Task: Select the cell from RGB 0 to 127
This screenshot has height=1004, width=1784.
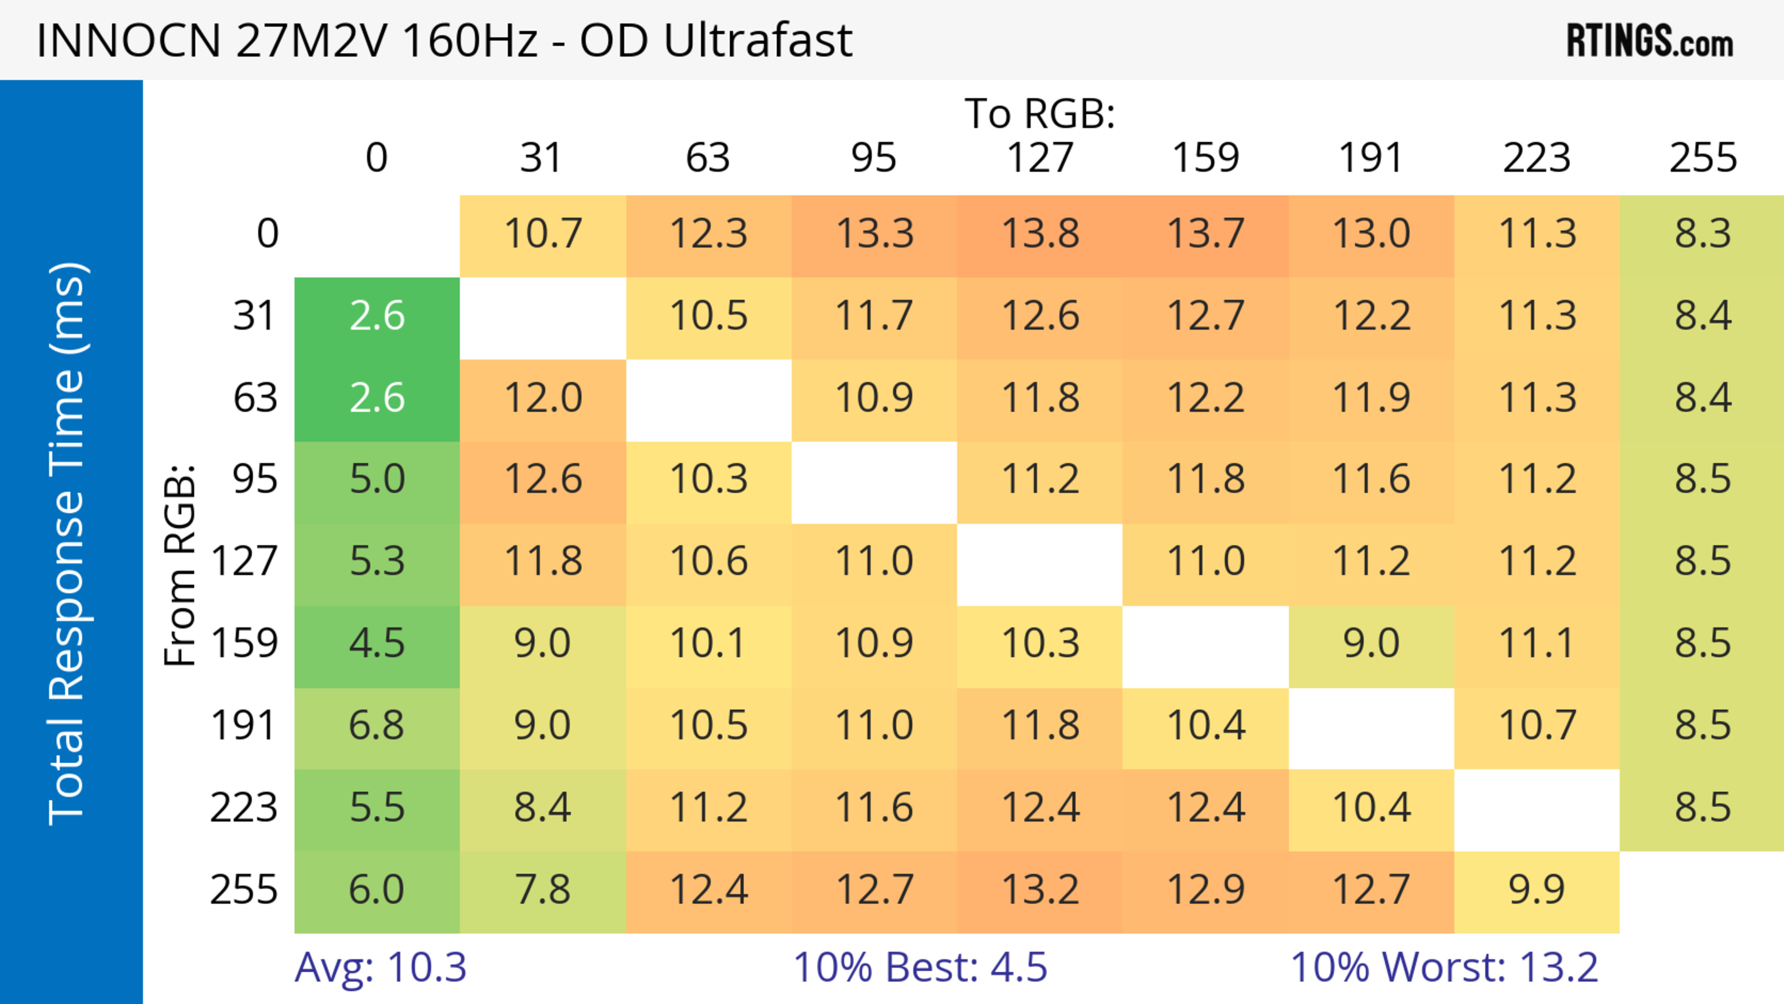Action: (x=1040, y=234)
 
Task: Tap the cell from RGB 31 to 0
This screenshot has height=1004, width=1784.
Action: (x=377, y=316)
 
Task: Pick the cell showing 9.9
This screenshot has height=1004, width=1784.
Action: (x=1537, y=890)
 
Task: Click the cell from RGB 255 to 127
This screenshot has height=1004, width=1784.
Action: (x=1040, y=890)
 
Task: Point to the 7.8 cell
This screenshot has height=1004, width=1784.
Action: (x=542, y=890)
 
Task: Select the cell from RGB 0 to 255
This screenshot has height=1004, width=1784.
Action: (x=1702, y=234)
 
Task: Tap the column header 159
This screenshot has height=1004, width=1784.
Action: (x=1205, y=158)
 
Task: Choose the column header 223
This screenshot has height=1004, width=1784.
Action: (x=1537, y=158)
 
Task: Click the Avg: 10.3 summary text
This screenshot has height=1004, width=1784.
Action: (x=380, y=967)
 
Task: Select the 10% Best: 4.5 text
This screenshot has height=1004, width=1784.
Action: (x=920, y=967)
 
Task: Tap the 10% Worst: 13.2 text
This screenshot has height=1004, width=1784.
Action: (x=1444, y=967)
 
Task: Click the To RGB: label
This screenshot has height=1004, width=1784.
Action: (x=1040, y=113)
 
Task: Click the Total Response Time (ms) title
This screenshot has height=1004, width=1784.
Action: (x=68, y=544)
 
